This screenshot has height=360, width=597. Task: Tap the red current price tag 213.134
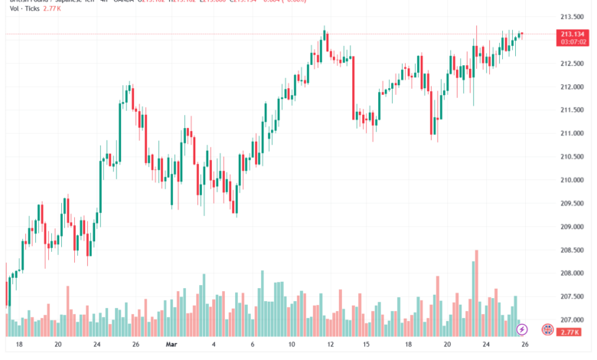(573, 34)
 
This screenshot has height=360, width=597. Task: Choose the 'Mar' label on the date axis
(171, 345)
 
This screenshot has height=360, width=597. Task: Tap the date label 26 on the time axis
(524, 345)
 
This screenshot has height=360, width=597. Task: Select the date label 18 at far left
(18, 345)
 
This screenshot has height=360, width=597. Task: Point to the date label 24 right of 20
(96, 345)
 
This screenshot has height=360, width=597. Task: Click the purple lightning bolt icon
(522, 329)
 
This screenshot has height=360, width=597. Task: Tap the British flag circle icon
(547, 329)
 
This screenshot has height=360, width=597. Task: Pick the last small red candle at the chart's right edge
(521, 34)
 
